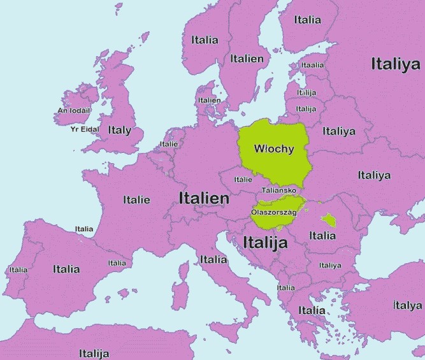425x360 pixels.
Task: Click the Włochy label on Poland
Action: click(x=274, y=149)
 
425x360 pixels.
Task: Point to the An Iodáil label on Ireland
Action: click(x=74, y=110)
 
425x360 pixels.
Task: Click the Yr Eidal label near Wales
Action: click(x=85, y=129)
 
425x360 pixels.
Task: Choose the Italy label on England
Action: click(x=119, y=130)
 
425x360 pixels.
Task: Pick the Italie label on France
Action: click(x=137, y=199)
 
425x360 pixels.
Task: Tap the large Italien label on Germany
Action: click(x=204, y=198)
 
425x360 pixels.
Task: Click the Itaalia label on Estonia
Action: click(x=312, y=65)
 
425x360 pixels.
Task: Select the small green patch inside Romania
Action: click(x=329, y=220)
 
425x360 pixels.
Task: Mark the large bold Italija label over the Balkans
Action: click(x=266, y=242)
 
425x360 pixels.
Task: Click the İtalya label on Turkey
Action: click(x=408, y=305)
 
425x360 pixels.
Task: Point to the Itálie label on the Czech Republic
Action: click(x=243, y=179)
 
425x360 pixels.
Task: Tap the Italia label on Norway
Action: click(x=205, y=40)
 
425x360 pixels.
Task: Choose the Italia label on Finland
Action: click(x=308, y=20)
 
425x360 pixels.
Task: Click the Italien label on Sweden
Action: click(x=247, y=58)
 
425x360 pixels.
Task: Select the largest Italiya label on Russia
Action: click(x=396, y=64)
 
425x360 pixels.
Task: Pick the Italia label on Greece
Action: click(x=312, y=310)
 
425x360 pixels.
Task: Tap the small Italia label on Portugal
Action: click(x=18, y=270)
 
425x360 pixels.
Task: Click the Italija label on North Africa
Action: click(x=94, y=353)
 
